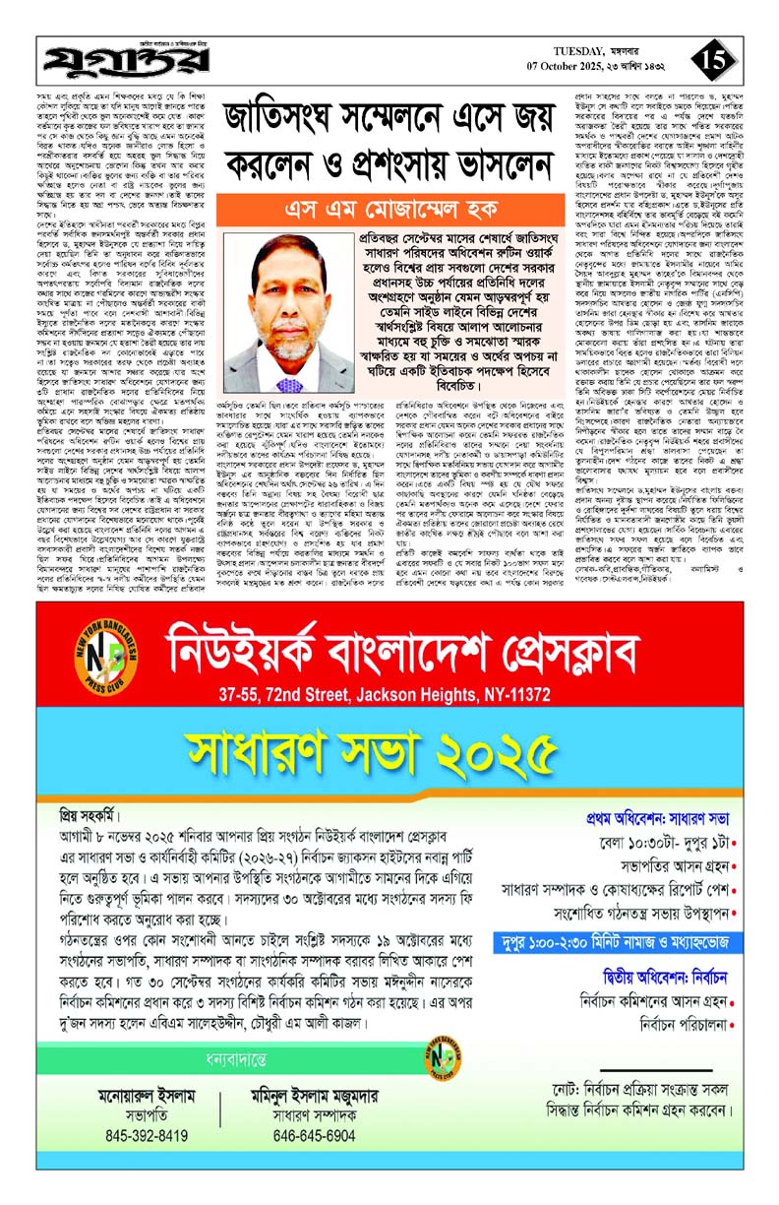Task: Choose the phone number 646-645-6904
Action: pos(315,1135)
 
